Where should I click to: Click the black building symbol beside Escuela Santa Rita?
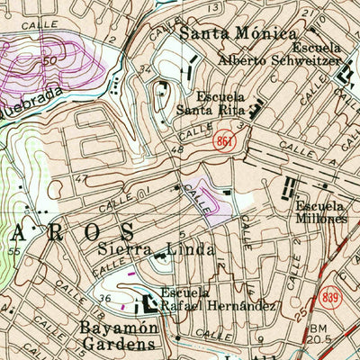tap(255, 112)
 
